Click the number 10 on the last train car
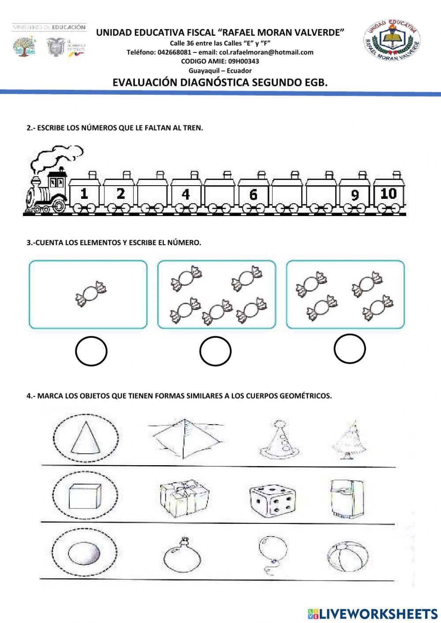389,194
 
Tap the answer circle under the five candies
215,351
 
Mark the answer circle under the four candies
350,349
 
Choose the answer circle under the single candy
91,351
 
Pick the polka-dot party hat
277,438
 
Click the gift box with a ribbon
184,499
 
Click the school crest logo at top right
392,43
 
